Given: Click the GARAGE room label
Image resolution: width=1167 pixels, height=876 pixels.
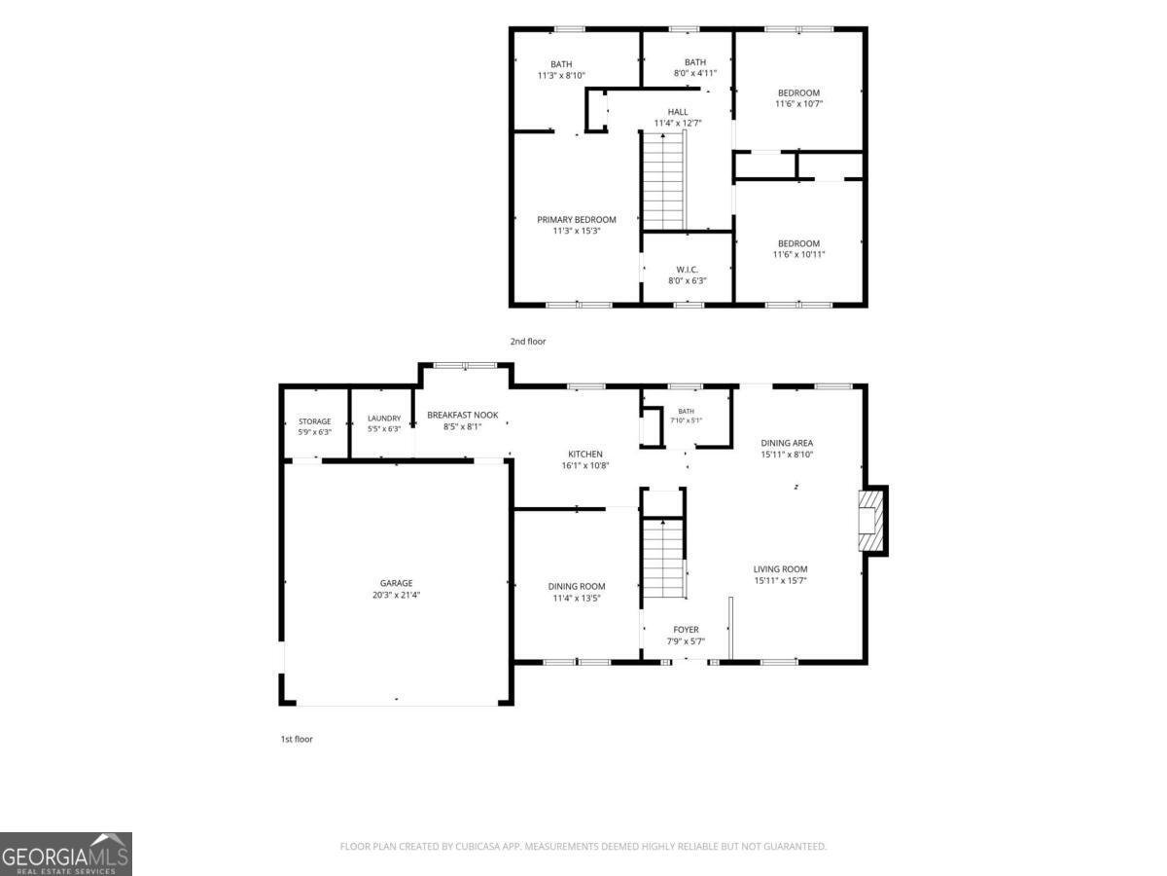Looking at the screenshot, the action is coord(396,583).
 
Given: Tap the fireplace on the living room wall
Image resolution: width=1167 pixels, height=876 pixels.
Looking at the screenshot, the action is coord(871,521).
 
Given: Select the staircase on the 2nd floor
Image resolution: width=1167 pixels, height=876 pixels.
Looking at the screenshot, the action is coord(664,181).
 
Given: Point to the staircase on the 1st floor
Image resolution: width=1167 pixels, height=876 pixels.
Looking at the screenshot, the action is coord(664,558).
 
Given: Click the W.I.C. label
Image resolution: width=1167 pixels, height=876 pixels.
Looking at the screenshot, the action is coord(687,270).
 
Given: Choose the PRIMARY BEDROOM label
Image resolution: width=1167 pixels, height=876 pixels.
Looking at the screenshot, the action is coord(577,220).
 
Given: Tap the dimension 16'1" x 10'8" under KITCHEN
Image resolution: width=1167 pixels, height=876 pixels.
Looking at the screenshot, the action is coord(584,465).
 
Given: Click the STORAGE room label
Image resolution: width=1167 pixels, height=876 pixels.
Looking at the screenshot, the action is coord(314,421).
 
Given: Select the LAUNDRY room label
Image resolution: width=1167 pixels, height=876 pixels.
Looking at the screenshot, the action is coord(384,419).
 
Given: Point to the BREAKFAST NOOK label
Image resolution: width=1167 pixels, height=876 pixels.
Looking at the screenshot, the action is coord(463,415).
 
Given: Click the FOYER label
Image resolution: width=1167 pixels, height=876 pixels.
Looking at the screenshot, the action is coord(686,629).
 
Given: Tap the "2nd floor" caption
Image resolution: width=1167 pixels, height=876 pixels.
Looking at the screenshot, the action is coord(528,342).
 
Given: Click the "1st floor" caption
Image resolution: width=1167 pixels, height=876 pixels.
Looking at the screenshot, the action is coord(297,739).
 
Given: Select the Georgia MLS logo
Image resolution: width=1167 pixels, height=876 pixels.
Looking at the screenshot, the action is coord(66,854).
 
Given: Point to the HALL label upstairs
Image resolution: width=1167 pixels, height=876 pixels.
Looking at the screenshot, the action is coord(677,112).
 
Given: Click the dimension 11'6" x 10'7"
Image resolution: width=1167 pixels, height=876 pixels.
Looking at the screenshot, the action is coord(798,104).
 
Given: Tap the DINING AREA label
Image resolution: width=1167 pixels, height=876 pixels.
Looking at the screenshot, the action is coord(787,443).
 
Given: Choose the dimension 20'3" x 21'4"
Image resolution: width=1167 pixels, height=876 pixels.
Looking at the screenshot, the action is coord(396,595).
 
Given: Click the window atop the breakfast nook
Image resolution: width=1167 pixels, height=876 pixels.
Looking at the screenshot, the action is coord(465,365).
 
